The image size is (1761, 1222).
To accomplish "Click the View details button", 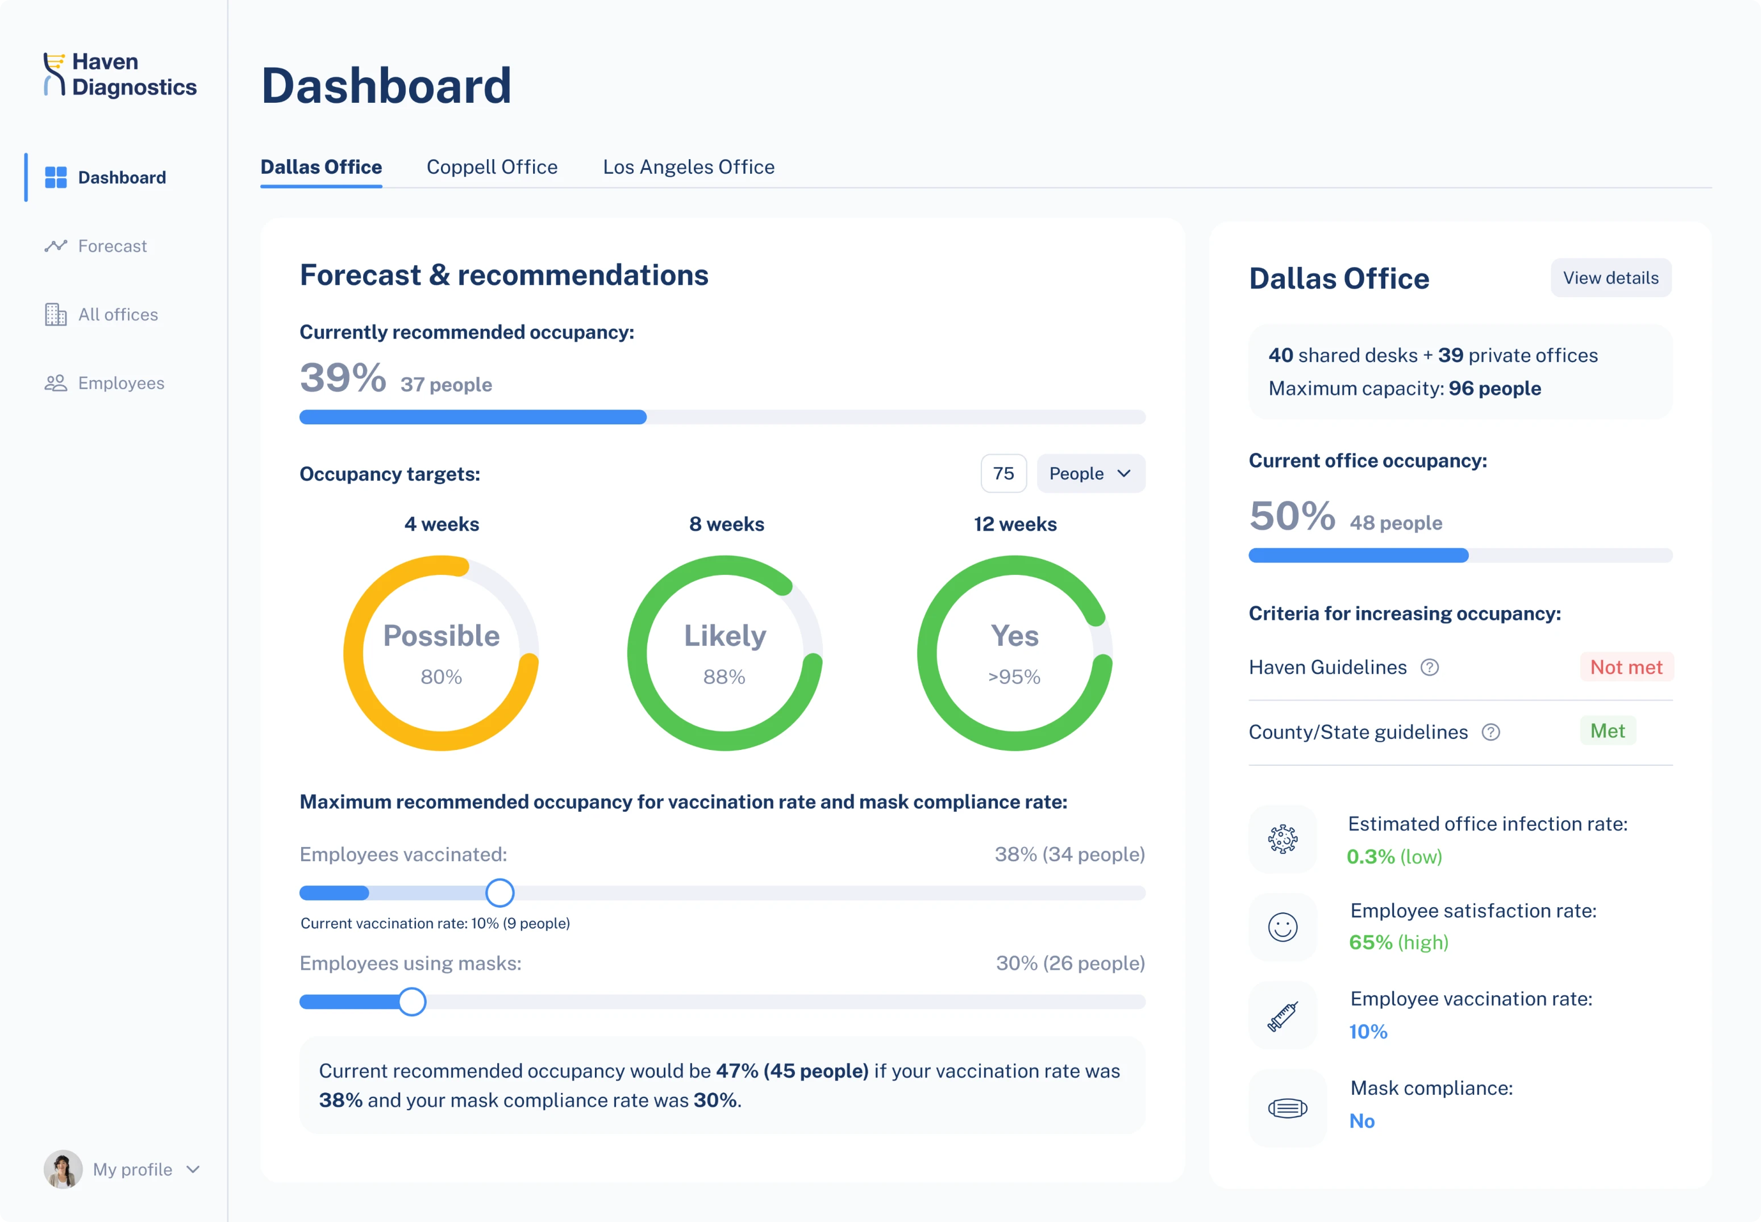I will tap(1610, 278).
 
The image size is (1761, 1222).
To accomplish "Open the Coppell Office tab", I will tap(492, 167).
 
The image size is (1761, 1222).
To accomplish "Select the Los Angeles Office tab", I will tap(688, 167).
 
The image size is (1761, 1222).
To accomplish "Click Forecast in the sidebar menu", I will tap(112, 246).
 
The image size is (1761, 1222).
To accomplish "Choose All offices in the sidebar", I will tap(117, 315).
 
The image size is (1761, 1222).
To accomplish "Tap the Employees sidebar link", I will tap(120, 383).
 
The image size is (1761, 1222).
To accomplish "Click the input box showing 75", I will tap(1003, 473).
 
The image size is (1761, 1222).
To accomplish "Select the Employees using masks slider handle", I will tap(412, 1002).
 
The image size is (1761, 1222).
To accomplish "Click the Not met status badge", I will tap(1626, 667).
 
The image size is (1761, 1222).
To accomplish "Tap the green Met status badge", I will tap(1607, 731).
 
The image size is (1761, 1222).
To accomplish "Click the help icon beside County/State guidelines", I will tap(1490, 732).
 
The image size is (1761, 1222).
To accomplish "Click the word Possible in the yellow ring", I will tap(441, 636).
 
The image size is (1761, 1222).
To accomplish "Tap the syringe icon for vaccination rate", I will tap(1283, 1016).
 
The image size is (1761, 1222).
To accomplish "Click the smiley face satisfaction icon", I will tap(1283, 927).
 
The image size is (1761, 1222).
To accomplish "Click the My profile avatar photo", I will tap(63, 1169).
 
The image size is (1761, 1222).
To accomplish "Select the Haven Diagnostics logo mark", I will tap(53, 74).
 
